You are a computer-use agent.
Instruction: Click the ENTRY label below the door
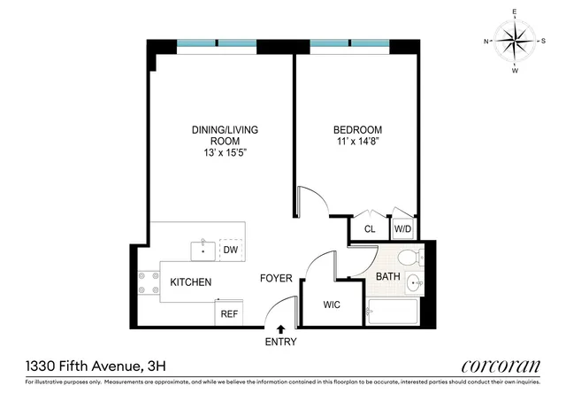click(x=280, y=342)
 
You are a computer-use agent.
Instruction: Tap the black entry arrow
click(x=280, y=329)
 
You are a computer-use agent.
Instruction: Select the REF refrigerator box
click(x=229, y=313)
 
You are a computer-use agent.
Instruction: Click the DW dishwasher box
click(x=231, y=251)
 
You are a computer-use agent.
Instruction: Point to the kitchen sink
click(x=203, y=250)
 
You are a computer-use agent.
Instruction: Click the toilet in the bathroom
click(x=409, y=258)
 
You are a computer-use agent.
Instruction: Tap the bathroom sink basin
click(x=413, y=284)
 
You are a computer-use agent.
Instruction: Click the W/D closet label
click(x=402, y=229)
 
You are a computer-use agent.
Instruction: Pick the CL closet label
click(x=370, y=229)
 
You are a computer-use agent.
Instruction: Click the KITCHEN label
click(x=191, y=282)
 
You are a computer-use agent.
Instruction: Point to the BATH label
click(x=387, y=277)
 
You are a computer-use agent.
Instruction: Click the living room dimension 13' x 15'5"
click(x=225, y=152)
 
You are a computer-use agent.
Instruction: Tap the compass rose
click(x=515, y=42)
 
